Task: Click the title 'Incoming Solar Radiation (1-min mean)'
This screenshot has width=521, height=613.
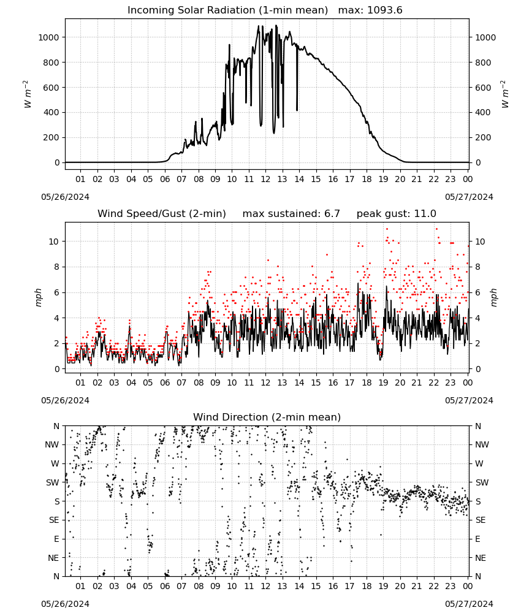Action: (227, 10)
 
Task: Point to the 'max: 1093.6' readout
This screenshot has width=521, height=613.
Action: (370, 10)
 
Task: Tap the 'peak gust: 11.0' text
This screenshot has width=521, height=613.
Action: (397, 214)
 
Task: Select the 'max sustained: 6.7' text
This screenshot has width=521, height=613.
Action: (291, 214)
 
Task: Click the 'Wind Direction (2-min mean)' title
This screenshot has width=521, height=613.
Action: (267, 417)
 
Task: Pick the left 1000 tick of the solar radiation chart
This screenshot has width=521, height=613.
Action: (49, 37)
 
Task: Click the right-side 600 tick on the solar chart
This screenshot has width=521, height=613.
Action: (483, 88)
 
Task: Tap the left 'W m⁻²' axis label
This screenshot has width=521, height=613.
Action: (27, 94)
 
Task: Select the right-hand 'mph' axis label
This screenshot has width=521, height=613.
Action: (493, 297)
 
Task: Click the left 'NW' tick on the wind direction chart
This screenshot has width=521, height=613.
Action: (52, 445)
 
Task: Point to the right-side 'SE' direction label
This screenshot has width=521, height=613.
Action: (481, 520)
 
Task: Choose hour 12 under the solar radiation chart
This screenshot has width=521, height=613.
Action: (265, 179)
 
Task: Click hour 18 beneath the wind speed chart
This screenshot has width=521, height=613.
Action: (367, 383)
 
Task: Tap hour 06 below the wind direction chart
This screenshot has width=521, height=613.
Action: (165, 587)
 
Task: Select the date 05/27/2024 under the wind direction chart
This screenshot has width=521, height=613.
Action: (469, 604)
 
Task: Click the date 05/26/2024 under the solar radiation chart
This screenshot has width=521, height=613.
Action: (65, 197)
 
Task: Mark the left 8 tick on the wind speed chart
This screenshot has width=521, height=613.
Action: (57, 267)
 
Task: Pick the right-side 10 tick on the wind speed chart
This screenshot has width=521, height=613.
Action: (480, 242)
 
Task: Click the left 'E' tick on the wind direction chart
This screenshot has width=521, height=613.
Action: (56, 539)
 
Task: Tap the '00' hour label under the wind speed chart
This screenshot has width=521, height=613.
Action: (468, 383)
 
